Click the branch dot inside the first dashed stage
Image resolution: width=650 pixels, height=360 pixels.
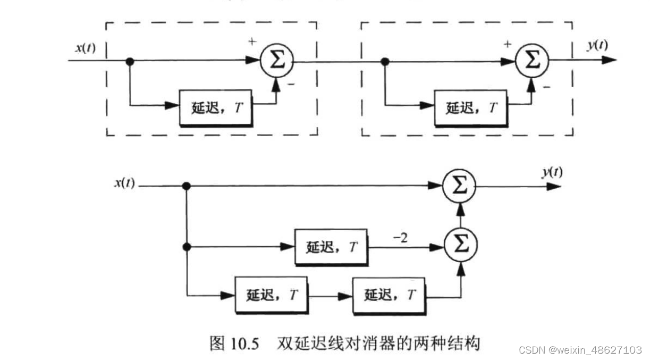point(130,61)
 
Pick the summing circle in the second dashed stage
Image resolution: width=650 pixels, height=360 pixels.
point(531,60)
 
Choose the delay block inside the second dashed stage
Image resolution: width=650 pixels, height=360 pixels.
point(470,107)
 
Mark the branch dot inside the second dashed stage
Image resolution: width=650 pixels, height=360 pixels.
point(385,62)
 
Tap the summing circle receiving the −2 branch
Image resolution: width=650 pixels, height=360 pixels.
point(460,245)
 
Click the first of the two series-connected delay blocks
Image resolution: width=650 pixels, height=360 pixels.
point(271,295)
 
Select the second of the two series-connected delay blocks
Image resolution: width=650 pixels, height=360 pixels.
point(389,295)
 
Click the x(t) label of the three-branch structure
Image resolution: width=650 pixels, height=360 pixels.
point(124,183)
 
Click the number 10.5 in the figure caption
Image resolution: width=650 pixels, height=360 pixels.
point(246,344)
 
